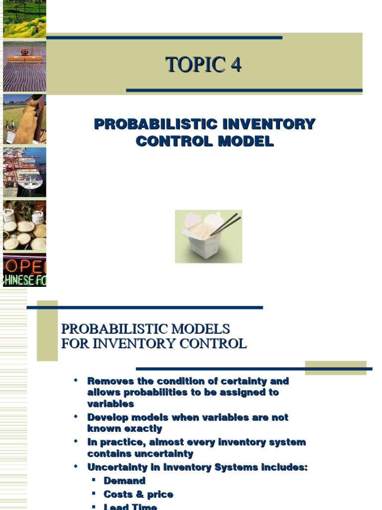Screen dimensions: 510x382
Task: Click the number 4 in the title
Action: click(x=235, y=65)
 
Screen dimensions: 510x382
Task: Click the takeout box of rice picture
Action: click(x=208, y=236)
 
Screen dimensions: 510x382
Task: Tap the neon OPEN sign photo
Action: click(x=24, y=270)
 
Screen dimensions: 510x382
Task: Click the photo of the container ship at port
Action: click(x=24, y=172)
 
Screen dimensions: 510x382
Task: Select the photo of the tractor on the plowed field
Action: click(x=24, y=67)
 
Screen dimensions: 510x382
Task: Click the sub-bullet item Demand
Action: click(x=124, y=481)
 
